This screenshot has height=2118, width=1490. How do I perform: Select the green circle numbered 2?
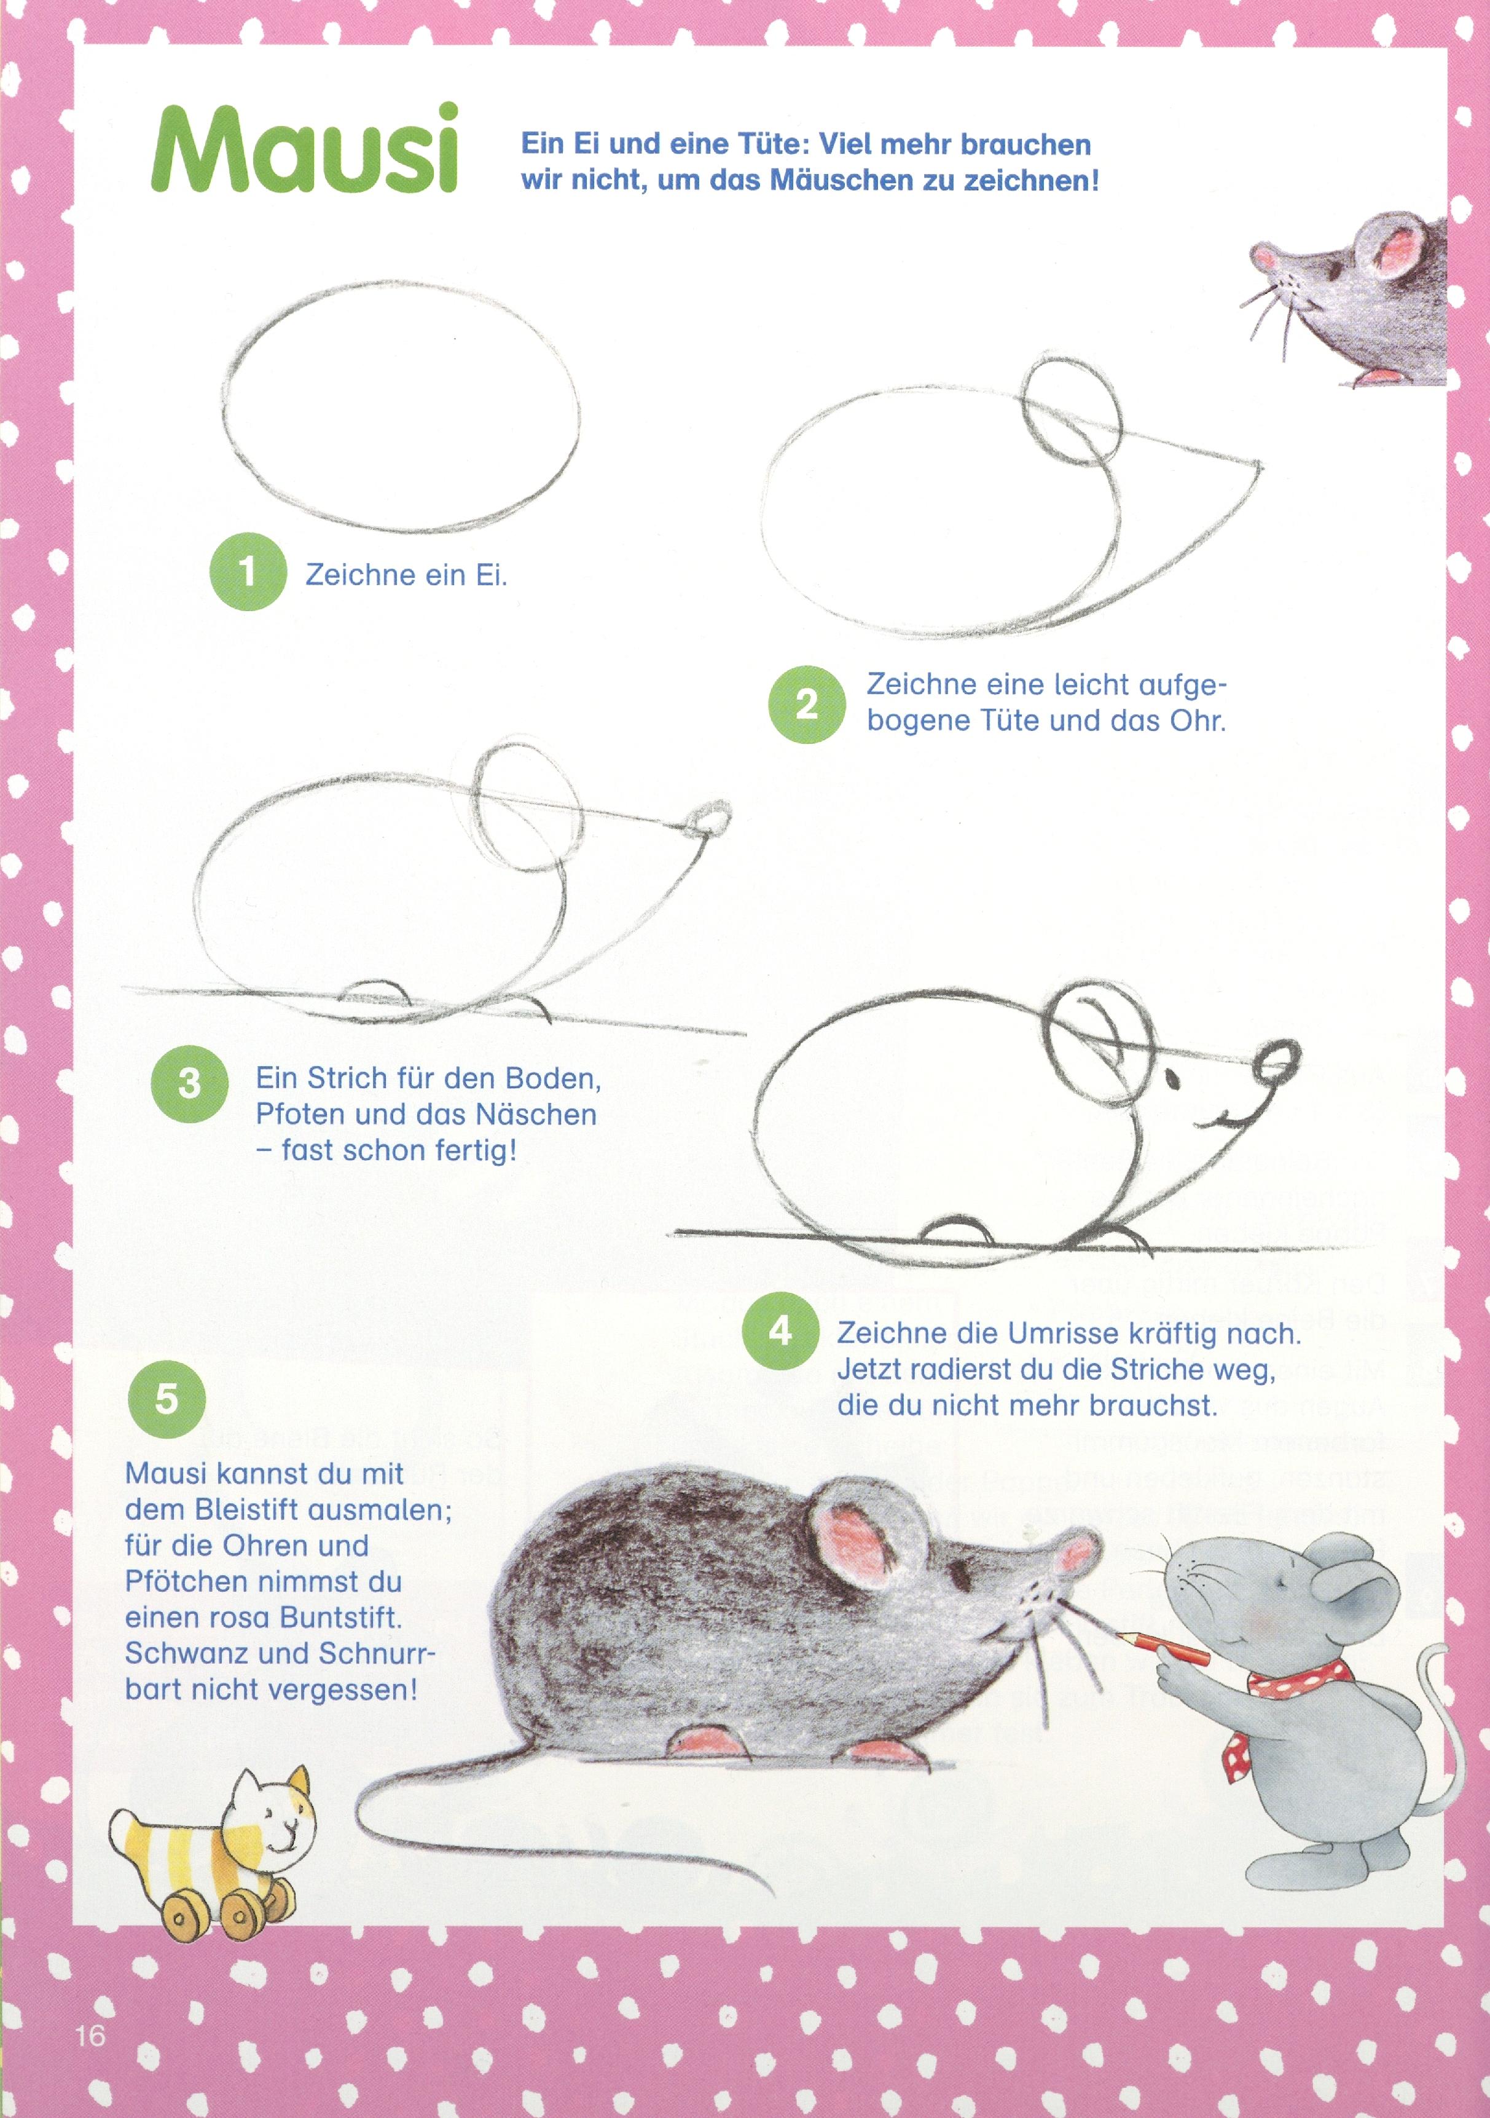coord(806,704)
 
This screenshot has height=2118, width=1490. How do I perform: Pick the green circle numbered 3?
coord(189,1083)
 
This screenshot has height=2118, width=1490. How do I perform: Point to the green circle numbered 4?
coord(780,1330)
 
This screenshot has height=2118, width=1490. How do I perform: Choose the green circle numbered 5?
coord(166,1399)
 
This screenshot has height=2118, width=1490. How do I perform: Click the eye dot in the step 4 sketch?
coord(1172,1077)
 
